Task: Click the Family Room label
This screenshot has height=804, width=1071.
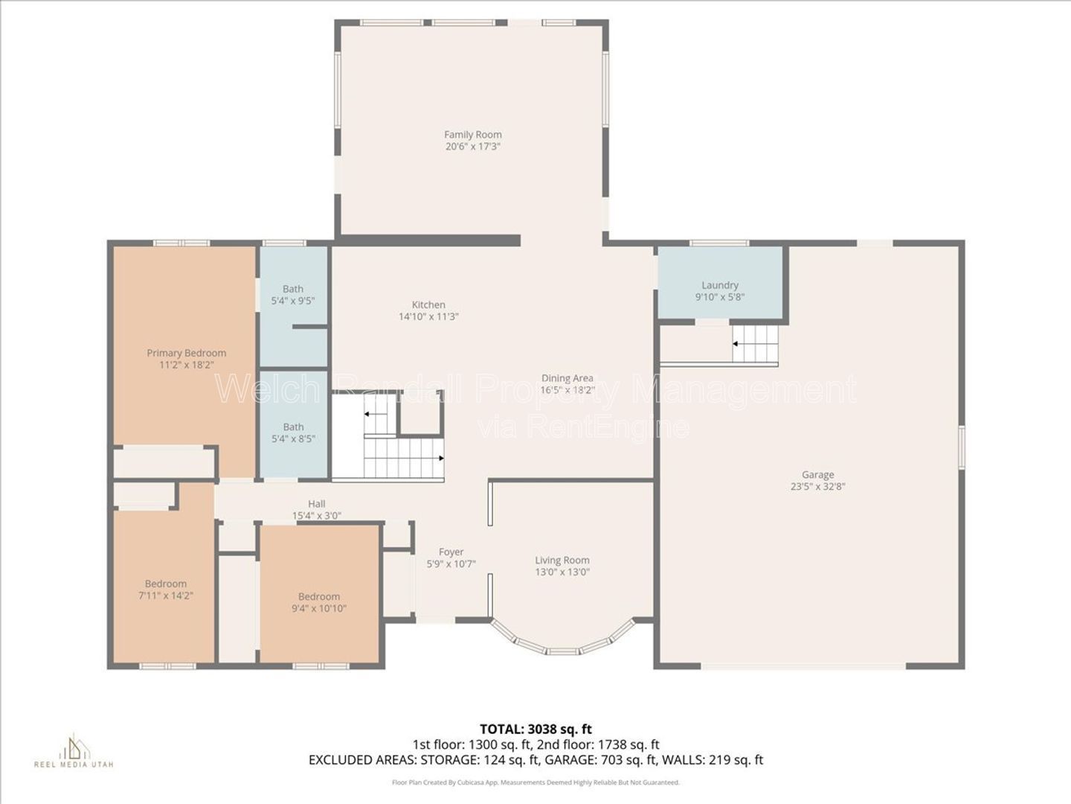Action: (x=472, y=135)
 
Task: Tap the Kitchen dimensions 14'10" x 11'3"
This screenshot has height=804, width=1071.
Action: (x=428, y=316)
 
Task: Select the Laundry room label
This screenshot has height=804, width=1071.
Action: (x=720, y=285)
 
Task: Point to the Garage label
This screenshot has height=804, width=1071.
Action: (x=818, y=474)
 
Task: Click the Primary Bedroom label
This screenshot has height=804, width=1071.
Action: (x=187, y=353)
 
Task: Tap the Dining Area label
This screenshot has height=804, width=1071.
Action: (x=567, y=378)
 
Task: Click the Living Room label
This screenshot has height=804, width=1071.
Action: (x=562, y=561)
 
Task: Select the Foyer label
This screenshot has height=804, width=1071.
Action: (x=451, y=552)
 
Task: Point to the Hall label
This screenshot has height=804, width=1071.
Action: (x=316, y=504)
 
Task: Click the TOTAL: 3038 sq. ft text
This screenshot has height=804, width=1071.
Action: (x=535, y=730)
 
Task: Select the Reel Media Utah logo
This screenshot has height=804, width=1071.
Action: (x=74, y=751)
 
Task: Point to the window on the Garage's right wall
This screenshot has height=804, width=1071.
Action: (x=961, y=448)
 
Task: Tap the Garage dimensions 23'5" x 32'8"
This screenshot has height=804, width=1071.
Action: (x=818, y=487)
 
